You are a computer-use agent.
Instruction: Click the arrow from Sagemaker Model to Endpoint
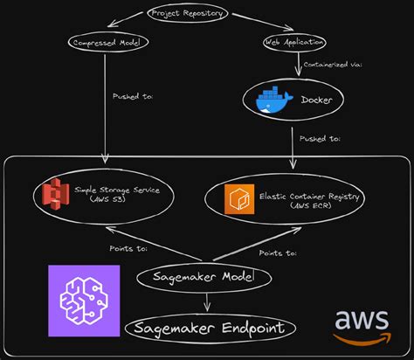click(207, 301)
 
